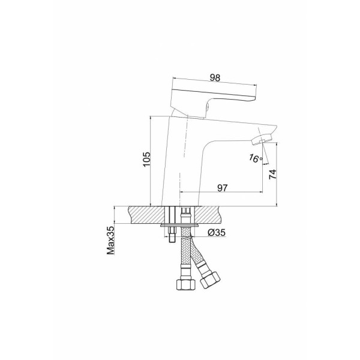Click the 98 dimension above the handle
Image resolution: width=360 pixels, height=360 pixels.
215,77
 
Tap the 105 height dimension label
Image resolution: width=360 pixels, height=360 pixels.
146,159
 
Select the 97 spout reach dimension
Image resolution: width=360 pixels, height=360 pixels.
222,188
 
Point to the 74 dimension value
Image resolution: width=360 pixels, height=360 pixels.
273,175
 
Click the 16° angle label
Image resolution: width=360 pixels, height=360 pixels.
256,158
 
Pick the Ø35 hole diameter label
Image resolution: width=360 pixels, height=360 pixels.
217,233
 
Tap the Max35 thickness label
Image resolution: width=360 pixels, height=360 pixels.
110,241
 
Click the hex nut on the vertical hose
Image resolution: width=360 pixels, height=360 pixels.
186,284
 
